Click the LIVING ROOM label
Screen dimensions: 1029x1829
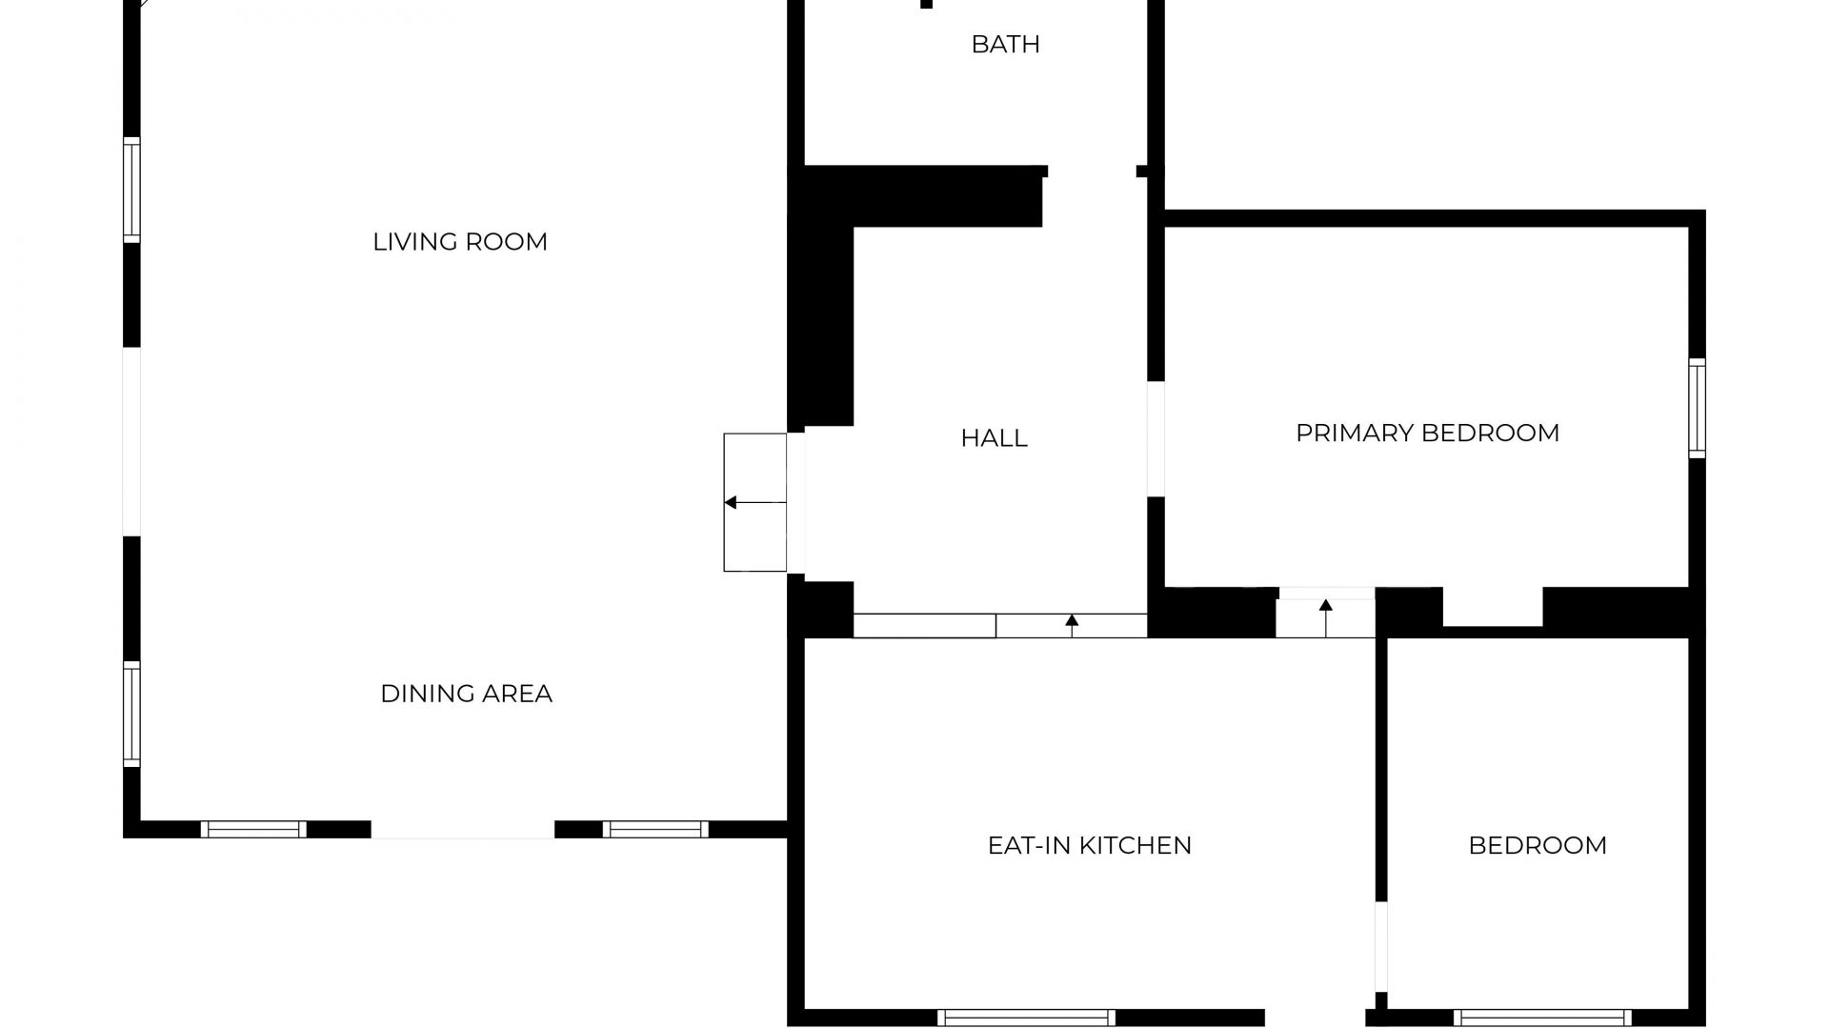pyautogui.click(x=460, y=242)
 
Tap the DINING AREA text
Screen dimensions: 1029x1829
pyautogui.click(x=466, y=694)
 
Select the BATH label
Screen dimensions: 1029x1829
pyautogui.click(x=1005, y=45)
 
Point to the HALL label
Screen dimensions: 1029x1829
pyautogui.click(x=994, y=438)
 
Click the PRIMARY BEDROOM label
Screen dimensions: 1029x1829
pyautogui.click(x=1427, y=434)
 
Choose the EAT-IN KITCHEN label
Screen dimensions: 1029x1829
pyautogui.click(x=1089, y=846)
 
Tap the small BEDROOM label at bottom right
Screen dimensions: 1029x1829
pyautogui.click(x=1538, y=846)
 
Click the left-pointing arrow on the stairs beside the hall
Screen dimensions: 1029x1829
pyautogui.click(x=731, y=502)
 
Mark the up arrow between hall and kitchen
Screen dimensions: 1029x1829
pyautogui.click(x=1072, y=620)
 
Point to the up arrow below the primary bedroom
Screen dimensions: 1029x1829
pyautogui.click(x=1325, y=606)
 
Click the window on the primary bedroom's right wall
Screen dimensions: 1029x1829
pyautogui.click(x=1697, y=408)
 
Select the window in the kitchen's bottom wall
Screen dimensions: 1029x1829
pyautogui.click(x=1026, y=1018)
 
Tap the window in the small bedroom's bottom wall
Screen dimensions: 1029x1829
pyautogui.click(x=1542, y=1018)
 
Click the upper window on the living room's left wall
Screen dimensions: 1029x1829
pyautogui.click(x=131, y=190)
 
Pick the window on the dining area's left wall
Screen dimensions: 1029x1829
pyautogui.click(x=131, y=714)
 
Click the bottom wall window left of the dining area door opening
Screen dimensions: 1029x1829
pyautogui.click(x=253, y=829)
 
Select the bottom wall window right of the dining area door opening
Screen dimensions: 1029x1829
pyautogui.click(x=655, y=829)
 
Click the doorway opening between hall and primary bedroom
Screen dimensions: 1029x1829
pyautogui.click(x=1156, y=439)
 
